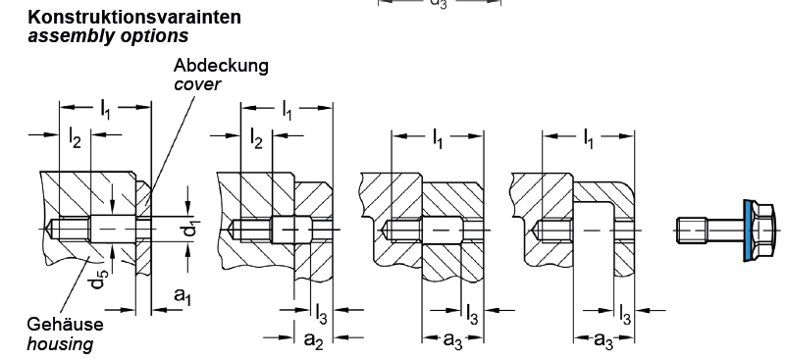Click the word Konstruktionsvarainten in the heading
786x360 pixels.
[x=134, y=17]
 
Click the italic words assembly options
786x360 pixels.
[x=108, y=35]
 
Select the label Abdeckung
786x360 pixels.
[x=221, y=66]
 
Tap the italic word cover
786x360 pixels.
[x=197, y=84]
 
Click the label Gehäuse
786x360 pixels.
[x=65, y=324]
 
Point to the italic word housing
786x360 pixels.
[x=60, y=344]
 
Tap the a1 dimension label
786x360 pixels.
[x=183, y=296]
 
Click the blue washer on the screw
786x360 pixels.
[x=749, y=231]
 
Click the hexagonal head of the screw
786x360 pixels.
[x=764, y=231]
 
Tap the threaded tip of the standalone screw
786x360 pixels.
[x=692, y=231]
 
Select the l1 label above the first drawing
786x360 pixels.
[x=105, y=109]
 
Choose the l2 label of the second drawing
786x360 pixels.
[x=256, y=139]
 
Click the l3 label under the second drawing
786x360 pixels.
[x=321, y=313]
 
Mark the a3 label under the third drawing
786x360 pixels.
[x=453, y=340]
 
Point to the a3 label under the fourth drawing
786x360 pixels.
[x=603, y=340]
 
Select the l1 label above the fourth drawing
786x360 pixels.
[x=588, y=138]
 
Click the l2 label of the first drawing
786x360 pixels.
[x=75, y=139]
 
